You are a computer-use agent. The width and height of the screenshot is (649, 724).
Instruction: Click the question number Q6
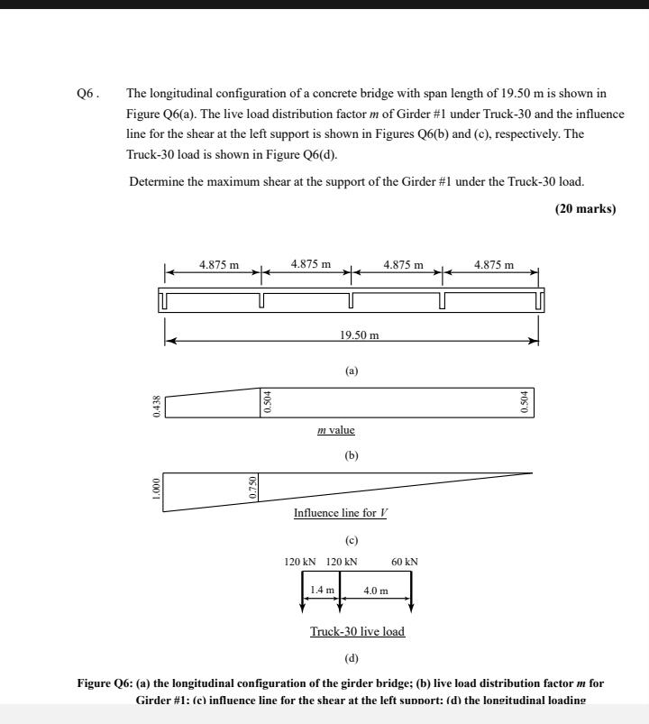pyautogui.click(x=87, y=93)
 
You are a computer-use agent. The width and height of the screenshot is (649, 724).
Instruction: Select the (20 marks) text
pyautogui.click(x=585, y=209)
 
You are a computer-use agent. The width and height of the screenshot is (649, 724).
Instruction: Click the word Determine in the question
pyautogui.click(x=157, y=181)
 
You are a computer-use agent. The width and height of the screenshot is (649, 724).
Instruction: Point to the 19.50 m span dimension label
pyautogui.click(x=359, y=335)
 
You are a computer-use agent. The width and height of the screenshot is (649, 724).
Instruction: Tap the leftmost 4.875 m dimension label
pyautogui.click(x=219, y=265)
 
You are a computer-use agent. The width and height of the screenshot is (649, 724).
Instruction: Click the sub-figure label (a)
pyautogui.click(x=352, y=371)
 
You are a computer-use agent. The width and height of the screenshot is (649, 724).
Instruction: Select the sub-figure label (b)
pyautogui.click(x=352, y=455)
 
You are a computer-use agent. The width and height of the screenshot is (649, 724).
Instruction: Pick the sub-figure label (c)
pyautogui.click(x=352, y=540)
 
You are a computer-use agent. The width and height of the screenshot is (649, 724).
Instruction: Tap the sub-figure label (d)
pyautogui.click(x=352, y=657)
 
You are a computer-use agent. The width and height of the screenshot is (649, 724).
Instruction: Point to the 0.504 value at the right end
pyautogui.click(x=526, y=403)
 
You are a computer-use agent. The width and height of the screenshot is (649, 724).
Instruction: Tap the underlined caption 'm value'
pyautogui.click(x=336, y=430)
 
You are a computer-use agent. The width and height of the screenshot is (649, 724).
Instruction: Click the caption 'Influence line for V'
pyautogui.click(x=341, y=513)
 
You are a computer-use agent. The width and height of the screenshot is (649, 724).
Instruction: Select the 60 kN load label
pyautogui.click(x=405, y=562)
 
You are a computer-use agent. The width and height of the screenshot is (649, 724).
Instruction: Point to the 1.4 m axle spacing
pyautogui.click(x=322, y=590)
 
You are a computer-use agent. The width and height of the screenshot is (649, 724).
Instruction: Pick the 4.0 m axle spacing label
pyautogui.click(x=375, y=591)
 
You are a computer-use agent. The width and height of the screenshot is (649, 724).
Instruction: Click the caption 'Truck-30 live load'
pyautogui.click(x=357, y=631)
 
